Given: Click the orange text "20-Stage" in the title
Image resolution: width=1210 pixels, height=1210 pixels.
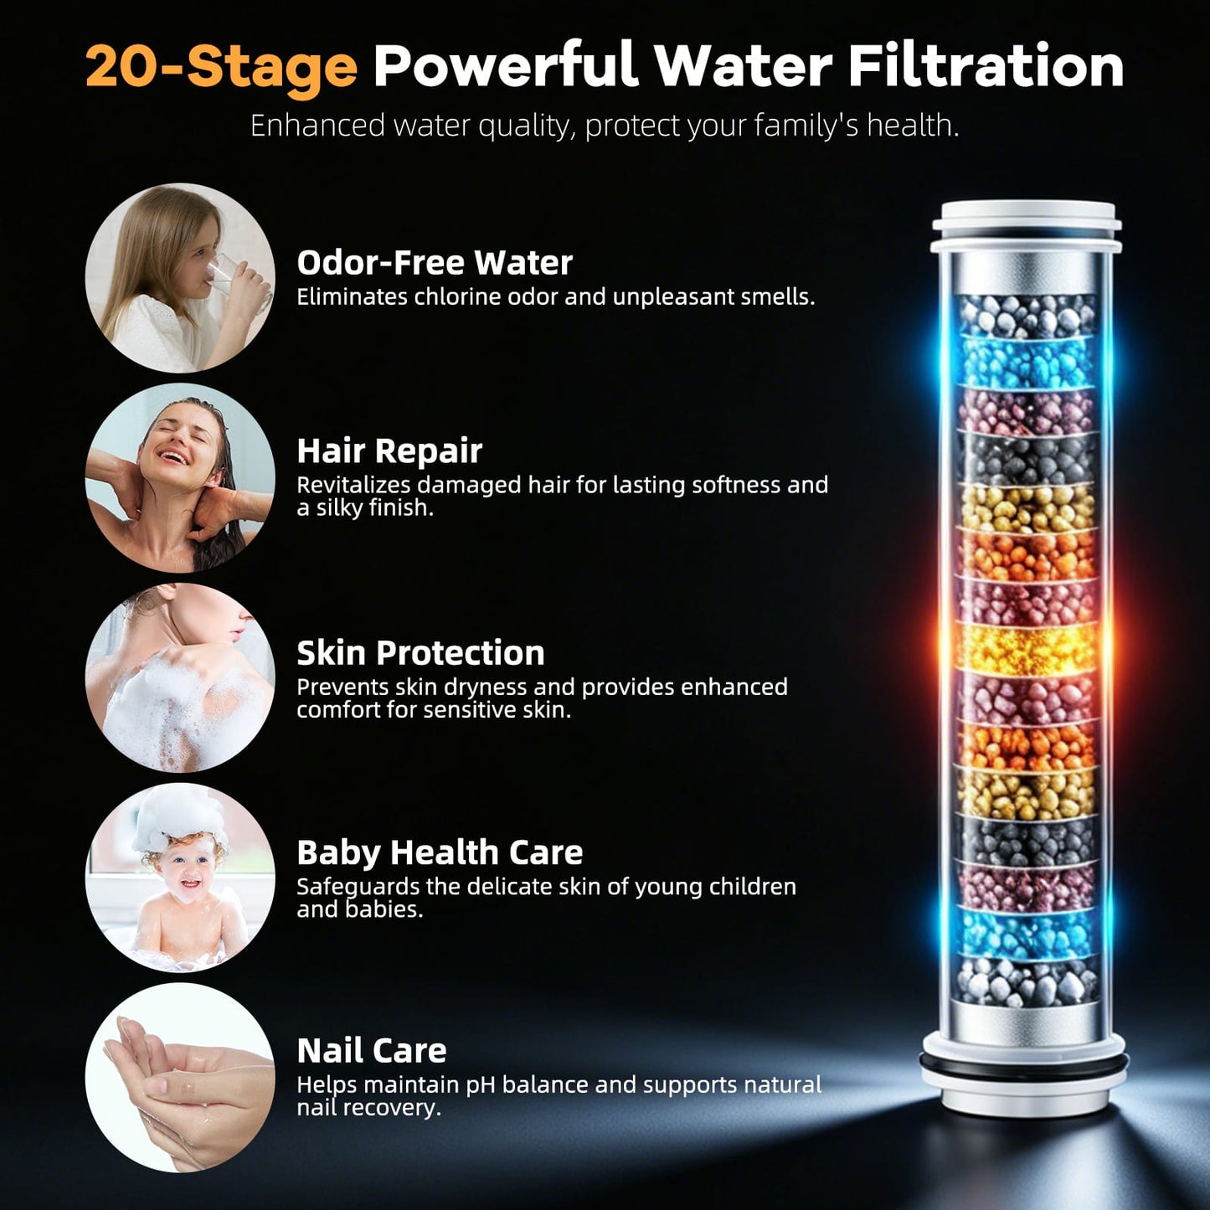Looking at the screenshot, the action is (x=222, y=68).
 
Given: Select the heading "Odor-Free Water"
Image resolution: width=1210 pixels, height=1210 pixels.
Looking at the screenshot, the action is (x=435, y=262).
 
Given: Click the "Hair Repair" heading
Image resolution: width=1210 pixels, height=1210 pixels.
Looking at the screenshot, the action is (x=389, y=451).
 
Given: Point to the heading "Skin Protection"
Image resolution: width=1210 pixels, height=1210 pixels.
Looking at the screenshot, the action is (x=420, y=653).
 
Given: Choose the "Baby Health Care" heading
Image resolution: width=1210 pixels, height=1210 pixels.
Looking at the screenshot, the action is (x=440, y=852).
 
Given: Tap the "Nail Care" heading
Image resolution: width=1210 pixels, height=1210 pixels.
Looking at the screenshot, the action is (x=371, y=1051).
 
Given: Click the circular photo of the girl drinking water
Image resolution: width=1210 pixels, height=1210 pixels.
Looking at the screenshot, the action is (x=180, y=277).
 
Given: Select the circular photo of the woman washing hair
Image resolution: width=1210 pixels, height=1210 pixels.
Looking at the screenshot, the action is (x=180, y=478).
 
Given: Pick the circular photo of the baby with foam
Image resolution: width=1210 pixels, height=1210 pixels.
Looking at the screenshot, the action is (x=180, y=878).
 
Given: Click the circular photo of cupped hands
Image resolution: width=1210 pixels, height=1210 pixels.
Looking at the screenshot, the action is (x=180, y=1078).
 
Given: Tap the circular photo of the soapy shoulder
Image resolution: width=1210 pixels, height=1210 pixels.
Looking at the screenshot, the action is (x=180, y=677).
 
